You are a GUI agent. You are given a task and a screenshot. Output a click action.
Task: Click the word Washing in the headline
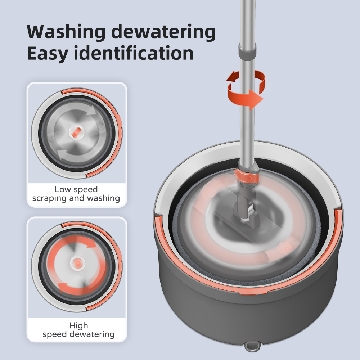(x=66, y=32)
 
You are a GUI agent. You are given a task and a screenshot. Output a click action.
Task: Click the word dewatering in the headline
(x=163, y=32)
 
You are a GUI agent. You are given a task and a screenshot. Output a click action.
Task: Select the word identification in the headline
(x=134, y=53)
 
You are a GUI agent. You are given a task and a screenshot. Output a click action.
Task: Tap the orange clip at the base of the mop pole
(x=247, y=176)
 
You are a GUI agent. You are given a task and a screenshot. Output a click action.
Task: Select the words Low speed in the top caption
(x=76, y=189)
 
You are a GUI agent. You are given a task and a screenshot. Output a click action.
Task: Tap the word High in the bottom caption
(x=79, y=325)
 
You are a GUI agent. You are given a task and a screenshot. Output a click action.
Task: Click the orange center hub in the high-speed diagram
(x=78, y=262)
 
